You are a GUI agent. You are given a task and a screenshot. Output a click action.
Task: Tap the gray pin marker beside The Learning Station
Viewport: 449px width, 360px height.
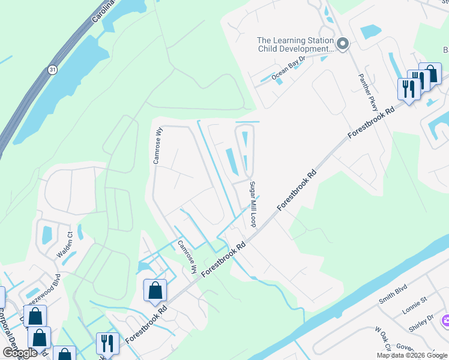coord(343,44)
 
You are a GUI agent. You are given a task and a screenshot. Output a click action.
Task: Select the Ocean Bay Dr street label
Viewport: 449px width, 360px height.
coord(289,68)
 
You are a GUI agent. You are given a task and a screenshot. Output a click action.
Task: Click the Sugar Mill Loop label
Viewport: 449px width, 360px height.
coord(253,203)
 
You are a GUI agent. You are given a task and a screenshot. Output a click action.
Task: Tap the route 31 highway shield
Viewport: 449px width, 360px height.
coord(53,70)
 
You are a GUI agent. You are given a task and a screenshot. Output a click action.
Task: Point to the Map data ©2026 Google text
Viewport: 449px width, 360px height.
coord(412,355)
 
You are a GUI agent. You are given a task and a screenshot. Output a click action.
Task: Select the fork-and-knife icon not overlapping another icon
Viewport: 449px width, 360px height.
coord(107,343)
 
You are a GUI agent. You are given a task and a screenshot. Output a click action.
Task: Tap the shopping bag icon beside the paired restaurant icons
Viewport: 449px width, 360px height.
coord(430,73)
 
